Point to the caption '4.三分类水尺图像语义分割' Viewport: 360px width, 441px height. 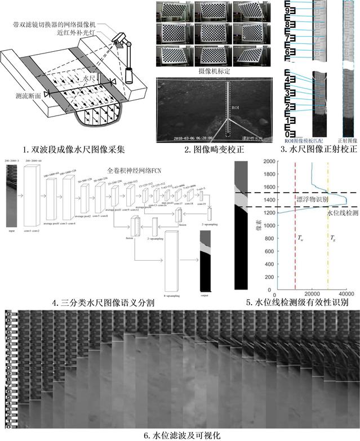(x=104, y=303)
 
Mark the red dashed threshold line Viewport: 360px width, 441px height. (x=295, y=253)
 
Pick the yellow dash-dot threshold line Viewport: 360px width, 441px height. (x=327, y=253)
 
